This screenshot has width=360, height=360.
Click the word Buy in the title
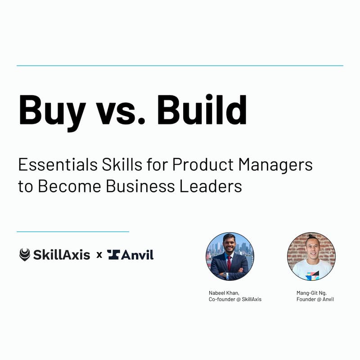[52, 110]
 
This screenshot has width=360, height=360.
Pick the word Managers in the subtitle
[275, 166]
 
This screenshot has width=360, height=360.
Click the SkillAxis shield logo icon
[25, 255]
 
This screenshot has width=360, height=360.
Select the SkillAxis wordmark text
[61, 255]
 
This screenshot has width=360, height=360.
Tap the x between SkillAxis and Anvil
[99, 255]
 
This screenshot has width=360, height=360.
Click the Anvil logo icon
[113, 255]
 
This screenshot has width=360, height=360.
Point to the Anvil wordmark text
[138, 255]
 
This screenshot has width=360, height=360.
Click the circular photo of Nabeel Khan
[229, 256]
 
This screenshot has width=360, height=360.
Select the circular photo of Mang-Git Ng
[311, 256]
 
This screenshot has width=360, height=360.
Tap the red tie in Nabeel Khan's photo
[229, 264]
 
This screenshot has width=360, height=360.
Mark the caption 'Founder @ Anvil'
[315, 299]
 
